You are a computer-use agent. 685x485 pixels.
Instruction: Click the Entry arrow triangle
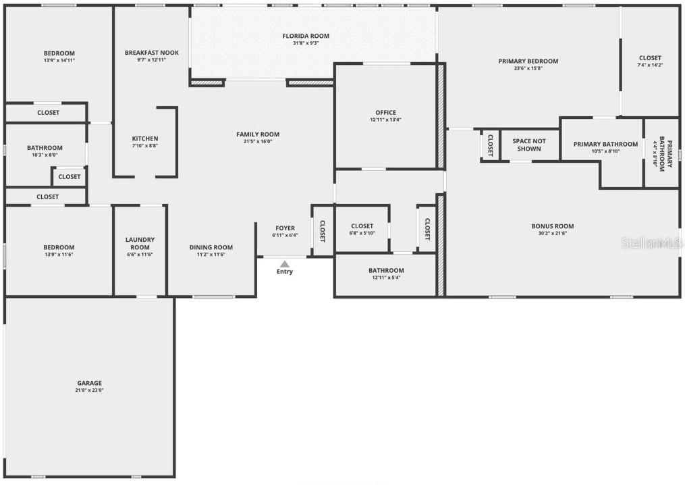(x=285, y=264)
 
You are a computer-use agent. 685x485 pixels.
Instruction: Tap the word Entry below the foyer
(x=285, y=272)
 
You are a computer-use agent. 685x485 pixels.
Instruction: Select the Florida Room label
(x=306, y=36)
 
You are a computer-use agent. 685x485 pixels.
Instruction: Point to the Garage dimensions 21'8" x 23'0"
(x=89, y=390)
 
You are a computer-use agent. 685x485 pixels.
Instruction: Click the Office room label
(x=385, y=113)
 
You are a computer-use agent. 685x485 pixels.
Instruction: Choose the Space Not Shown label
(x=529, y=145)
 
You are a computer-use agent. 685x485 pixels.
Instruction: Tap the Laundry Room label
(x=140, y=243)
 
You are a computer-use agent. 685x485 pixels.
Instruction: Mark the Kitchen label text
(x=145, y=138)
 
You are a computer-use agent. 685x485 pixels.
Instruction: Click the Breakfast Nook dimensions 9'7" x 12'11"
(x=151, y=60)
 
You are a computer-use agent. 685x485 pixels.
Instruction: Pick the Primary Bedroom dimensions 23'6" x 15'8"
(x=528, y=68)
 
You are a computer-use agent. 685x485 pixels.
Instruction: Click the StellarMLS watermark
(x=651, y=242)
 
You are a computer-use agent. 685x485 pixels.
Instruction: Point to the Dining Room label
(x=211, y=247)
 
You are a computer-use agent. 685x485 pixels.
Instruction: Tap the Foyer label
(x=285, y=228)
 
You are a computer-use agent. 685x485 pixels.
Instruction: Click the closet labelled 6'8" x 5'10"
(x=362, y=230)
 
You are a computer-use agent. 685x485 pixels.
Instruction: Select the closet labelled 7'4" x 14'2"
(x=650, y=61)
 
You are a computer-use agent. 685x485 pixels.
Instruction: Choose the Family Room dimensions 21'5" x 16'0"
(x=257, y=142)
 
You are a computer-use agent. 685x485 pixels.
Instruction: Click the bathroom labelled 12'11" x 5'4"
(x=386, y=274)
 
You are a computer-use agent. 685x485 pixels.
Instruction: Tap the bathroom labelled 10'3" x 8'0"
(x=45, y=151)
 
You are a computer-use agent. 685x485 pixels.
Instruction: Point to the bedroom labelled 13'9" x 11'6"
(x=59, y=251)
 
